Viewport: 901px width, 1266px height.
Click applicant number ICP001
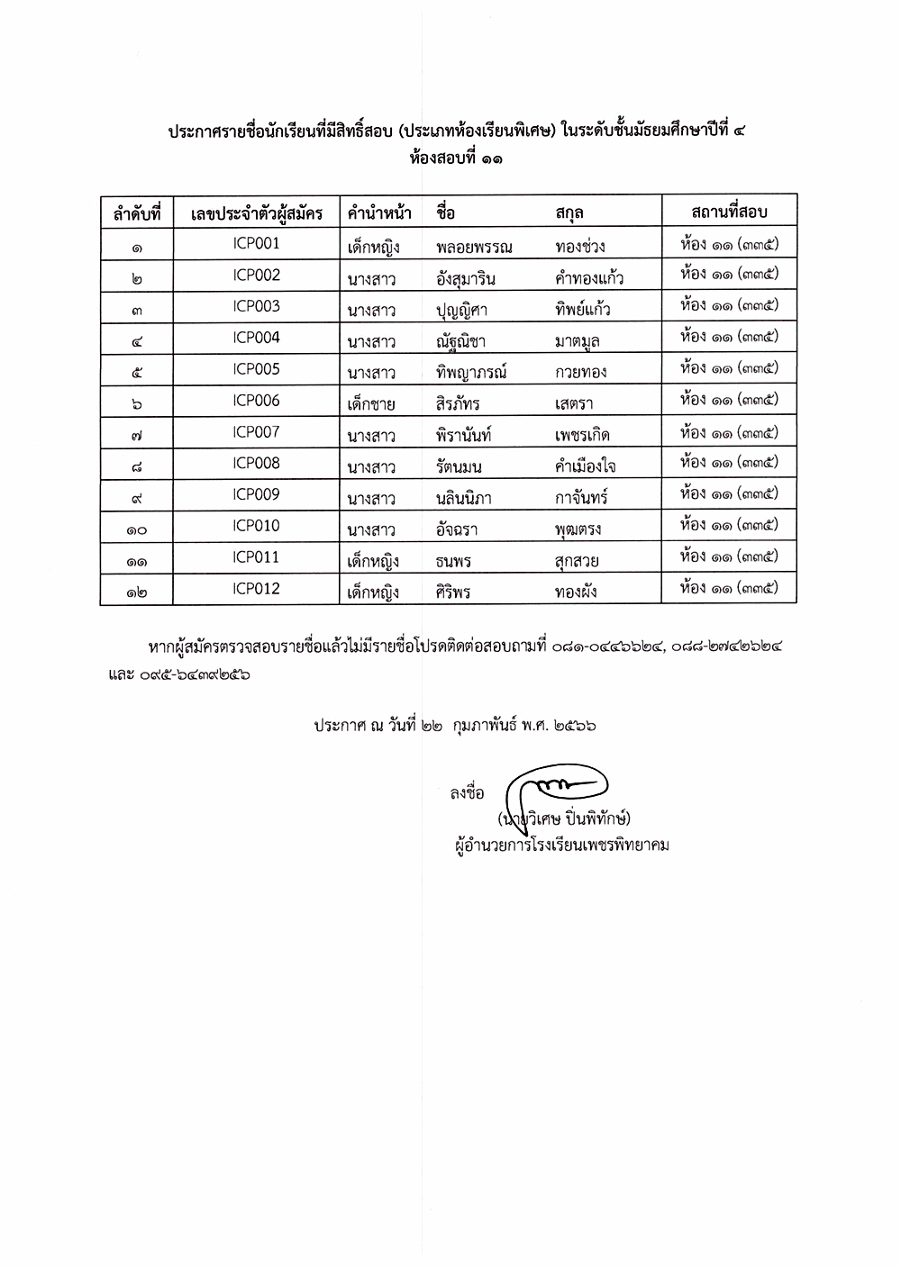[256, 243]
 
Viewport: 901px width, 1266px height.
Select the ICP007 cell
[256, 431]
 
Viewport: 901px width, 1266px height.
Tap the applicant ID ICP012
[256, 588]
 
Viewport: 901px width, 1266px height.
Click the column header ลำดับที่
[136, 214]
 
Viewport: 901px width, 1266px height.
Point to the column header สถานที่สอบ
[729, 212]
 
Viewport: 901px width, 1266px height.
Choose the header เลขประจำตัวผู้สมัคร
[257, 214]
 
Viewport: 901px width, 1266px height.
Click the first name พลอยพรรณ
[473, 247]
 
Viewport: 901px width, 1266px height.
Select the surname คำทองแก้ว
[589, 278]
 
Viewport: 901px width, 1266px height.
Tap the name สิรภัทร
[457, 403]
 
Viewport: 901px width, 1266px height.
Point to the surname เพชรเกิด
[582, 436]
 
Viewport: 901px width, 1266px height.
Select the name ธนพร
[452, 561]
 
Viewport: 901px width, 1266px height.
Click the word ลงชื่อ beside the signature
[467, 792]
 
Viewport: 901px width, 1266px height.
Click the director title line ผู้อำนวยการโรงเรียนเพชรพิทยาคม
[561, 845]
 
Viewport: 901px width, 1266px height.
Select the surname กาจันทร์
[581, 498]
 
